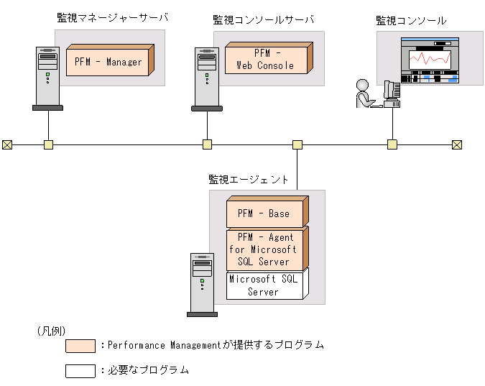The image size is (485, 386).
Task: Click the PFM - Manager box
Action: pos(109,62)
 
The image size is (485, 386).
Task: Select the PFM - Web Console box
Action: pos(265,60)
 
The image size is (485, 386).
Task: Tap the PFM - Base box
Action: pos(264,213)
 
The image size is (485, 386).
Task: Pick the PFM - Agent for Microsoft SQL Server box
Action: pos(264,249)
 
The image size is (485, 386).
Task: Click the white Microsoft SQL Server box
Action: pos(264,285)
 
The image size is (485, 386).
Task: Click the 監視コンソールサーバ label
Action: pos(264,19)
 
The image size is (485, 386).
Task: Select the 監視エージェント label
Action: pos(249,180)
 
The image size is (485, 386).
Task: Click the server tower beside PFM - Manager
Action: pos(47,77)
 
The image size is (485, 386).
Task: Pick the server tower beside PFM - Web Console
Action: pos(206,77)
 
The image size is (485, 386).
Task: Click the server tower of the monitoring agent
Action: pos(202,283)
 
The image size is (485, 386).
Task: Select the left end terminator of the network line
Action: pos(7,144)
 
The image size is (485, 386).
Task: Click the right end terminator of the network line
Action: pos(456,144)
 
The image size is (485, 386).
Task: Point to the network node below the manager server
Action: pos(48,144)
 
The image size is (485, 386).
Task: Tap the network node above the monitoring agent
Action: pos(297,144)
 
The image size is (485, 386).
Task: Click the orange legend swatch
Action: pos(80,346)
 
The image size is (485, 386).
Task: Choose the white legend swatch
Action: pos(80,371)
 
